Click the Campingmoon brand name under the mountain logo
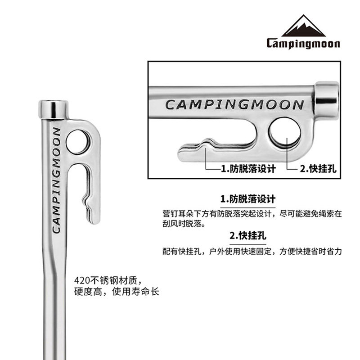click(x=303, y=44)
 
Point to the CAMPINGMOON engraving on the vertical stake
click(x=57, y=180)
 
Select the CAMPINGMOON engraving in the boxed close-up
click(x=234, y=105)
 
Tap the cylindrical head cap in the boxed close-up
click(x=326, y=96)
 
